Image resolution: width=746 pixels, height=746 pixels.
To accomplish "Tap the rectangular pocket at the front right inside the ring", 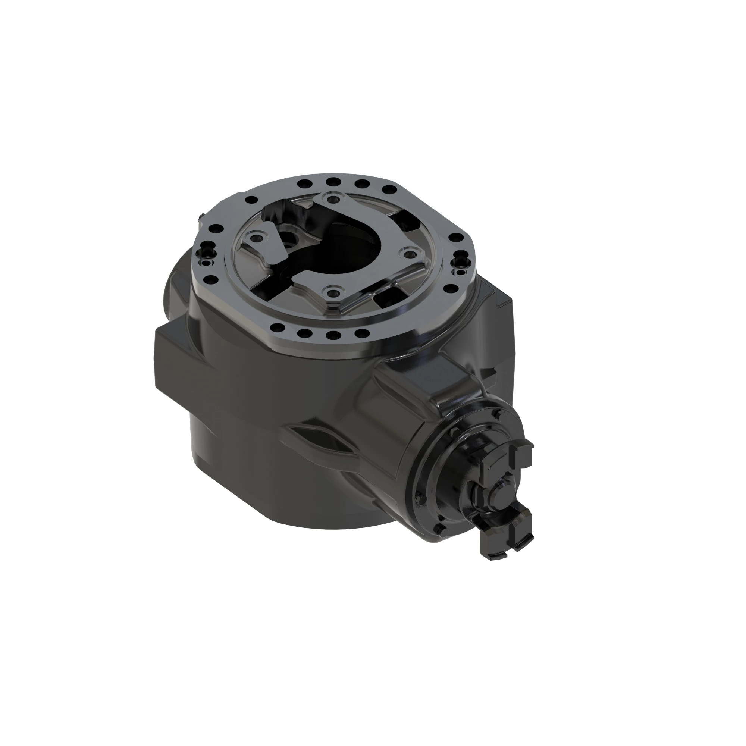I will tap(384, 298).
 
